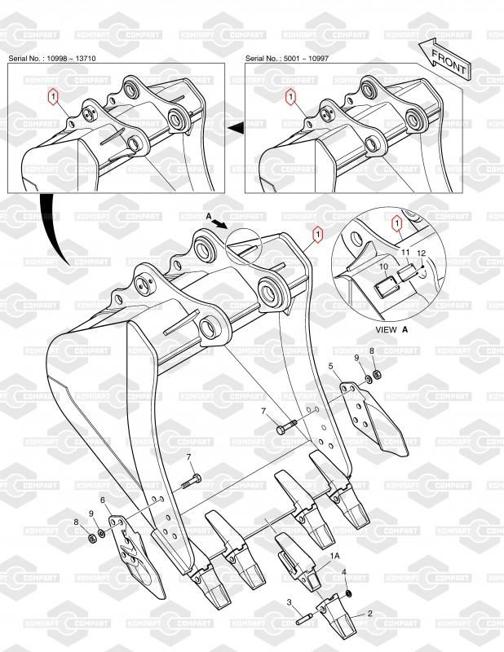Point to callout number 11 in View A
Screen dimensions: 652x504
(405, 254)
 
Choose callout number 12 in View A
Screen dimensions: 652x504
(422, 253)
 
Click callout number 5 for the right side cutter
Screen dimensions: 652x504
(330, 367)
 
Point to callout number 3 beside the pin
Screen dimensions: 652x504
(289, 603)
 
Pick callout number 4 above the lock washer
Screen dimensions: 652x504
(344, 573)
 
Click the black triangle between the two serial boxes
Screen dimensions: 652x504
(236, 127)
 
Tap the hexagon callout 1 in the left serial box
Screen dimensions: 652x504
(53, 98)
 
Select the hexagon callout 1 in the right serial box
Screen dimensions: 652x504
(290, 98)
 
